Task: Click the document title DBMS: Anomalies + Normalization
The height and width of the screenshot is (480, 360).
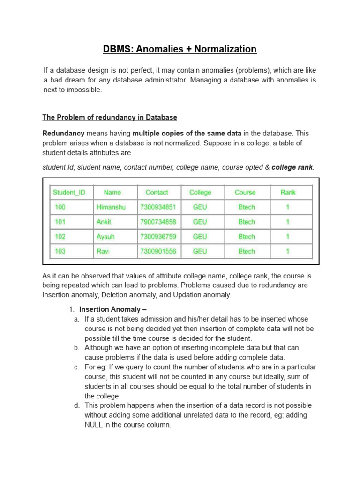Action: pyautogui.click(x=180, y=49)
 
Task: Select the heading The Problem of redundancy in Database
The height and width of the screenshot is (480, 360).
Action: pyautogui.click(x=110, y=117)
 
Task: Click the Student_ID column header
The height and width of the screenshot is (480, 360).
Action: pyautogui.click(x=69, y=192)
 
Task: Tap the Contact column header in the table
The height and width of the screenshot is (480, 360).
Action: pyautogui.click(x=157, y=192)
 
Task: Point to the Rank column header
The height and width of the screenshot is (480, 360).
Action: pyautogui.click(x=288, y=192)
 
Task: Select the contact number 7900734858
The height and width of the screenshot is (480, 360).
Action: pyautogui.click(x=157, y=222)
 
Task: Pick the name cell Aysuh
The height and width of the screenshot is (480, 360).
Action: pyautogui.click(x=105, y=237)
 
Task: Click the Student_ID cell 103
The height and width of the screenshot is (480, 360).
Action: pyautogui.click(x=60, y=251)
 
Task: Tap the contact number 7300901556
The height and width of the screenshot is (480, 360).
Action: pyautogui.click(x=157, y=251)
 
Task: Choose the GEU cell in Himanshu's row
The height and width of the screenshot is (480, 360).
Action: pyautogui.click(x=200, y=207)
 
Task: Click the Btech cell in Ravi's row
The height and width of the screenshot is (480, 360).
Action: pyautogui.click(x=247, y=251)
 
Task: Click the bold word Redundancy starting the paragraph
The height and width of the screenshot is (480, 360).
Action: pyautogui.click(x=64, y=134)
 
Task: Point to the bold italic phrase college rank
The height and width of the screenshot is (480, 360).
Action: pyautogui.click(x=292, y=167)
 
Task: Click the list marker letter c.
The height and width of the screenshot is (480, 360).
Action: pyautogui.click(x=76, y=367)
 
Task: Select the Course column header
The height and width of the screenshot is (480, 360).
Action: pyautogui.click(x=245, y=192)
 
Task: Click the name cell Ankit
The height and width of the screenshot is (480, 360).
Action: pyautogui.click(x=104, y=222)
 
